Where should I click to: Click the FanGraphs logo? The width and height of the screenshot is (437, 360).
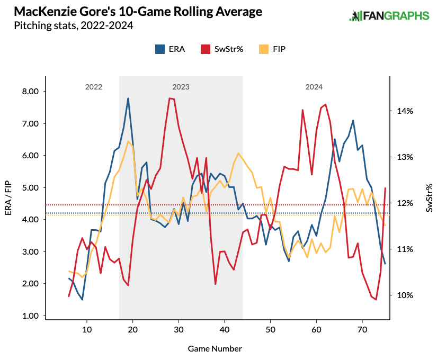coord(389,16)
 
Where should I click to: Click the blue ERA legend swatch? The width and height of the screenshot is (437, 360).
coord(159,49)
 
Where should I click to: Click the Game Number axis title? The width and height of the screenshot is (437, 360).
coord(215,349)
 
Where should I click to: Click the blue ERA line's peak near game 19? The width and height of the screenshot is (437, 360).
coord(128,98)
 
